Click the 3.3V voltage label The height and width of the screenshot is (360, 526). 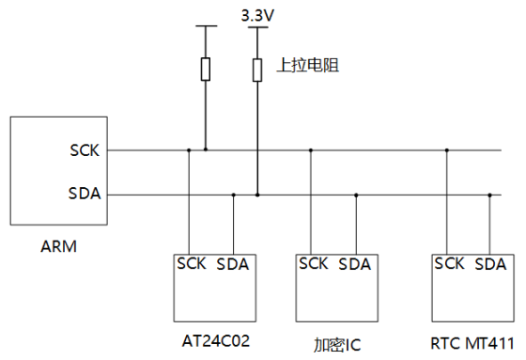(x=257, y=15)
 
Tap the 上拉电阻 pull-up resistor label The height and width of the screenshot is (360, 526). (x=307, y=67)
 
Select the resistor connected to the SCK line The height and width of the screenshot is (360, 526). (x=206, y=69)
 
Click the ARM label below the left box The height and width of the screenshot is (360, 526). (x=58, y=248)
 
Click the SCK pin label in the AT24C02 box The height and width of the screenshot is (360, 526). (x=191, y=264)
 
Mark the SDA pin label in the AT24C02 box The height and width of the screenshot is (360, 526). (x=233, y=264)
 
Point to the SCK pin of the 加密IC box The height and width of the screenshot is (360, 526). (x=314, y=264)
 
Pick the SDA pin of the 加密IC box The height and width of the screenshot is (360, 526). (x=355, y=264)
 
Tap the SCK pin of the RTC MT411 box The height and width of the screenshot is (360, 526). (x=448, y=264)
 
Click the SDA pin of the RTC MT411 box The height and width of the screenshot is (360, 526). (x=490, y=264)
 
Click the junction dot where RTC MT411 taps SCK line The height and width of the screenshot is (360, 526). (x=447, y=149)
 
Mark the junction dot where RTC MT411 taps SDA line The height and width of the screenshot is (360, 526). (x=489, y=195)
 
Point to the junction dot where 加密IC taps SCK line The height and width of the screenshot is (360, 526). (x=313, y=149)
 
